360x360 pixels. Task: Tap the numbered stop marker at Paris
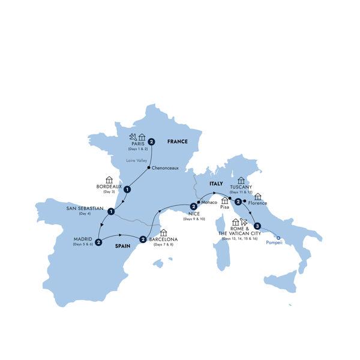tap(152, 142)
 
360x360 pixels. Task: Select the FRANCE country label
tap(178, 142)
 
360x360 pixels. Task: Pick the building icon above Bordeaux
tap(109, 179)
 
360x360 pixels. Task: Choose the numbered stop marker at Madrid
tap(98, 243)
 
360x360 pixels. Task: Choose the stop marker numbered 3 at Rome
tap(257, 226)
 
